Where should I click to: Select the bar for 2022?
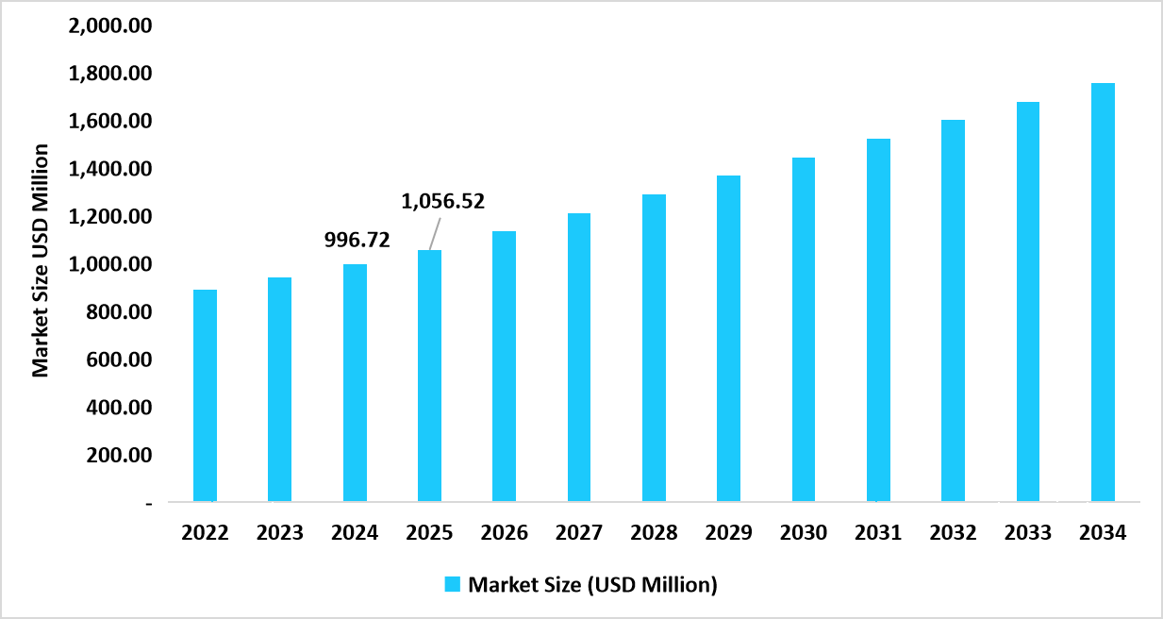point(205,395)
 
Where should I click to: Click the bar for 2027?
point(579,358)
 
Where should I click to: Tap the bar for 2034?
point(1103,293)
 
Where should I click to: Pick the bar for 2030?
point(804,329)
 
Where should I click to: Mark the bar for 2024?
point(355,383)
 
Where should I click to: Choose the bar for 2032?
point(953,310)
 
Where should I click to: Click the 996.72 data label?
point(357,241)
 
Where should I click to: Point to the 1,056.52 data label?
point(442,201)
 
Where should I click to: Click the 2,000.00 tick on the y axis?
point(111,25)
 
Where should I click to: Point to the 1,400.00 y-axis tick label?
point(111,169)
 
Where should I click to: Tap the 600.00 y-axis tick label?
point(117,360)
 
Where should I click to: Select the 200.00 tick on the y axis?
point(117,456)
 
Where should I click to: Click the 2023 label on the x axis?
point(280,533)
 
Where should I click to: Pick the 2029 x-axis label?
point(729,533)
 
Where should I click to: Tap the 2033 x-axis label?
point(1028,533)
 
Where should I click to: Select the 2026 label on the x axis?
point(505,533)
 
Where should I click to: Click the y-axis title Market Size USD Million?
point(41,260)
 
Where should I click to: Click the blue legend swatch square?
point(453,585)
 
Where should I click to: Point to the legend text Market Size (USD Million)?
point(593,585)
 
